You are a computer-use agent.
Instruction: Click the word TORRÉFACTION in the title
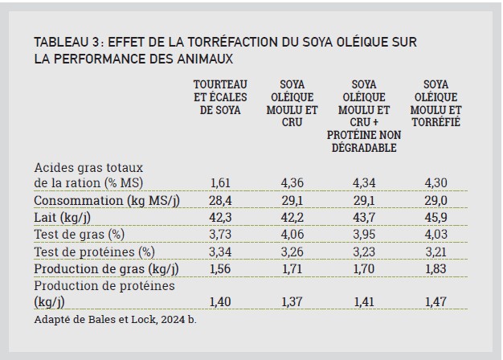point(232,42)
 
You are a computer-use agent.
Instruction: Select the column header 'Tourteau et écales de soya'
point(220,97)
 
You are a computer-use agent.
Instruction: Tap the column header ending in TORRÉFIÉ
point(436,104)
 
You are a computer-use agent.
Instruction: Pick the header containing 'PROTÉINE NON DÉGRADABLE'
point(364,116)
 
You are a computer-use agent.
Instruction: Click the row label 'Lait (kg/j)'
point(62,218)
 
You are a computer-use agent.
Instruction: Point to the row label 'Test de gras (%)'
point(80,235)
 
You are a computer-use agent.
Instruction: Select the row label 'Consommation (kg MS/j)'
point(107,201)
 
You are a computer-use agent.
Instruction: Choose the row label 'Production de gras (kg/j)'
point(106,269)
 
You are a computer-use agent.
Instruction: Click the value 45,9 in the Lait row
point(436,218)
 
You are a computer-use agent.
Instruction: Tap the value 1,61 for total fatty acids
point(220,183)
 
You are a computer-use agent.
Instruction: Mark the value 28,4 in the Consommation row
point(220,201)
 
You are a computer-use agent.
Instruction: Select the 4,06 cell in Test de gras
point(292,235)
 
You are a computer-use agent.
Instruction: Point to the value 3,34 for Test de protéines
point(220,252)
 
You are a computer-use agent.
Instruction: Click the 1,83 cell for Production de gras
point(436,269)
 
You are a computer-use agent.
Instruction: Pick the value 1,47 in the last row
point(436,302)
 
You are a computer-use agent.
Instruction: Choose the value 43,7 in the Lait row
point(364,218)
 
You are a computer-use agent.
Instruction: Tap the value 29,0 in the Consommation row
point(436,201)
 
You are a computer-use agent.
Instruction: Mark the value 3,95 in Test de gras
point(364,235)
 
